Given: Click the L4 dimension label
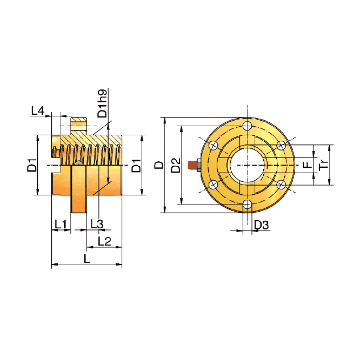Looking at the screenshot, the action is click(38, 111).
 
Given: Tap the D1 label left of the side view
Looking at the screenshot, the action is click(32, 165).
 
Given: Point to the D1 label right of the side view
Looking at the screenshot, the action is click(136, 165).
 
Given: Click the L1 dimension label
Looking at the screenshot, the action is click(60, 224).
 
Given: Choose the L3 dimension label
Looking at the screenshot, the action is click(97, 224).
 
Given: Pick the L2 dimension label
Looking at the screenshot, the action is click(104, 241).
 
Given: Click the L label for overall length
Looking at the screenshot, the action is click(87, 258).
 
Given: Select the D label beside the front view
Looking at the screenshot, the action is click(159, 165).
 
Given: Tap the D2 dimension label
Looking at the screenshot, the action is click(176, 165).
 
